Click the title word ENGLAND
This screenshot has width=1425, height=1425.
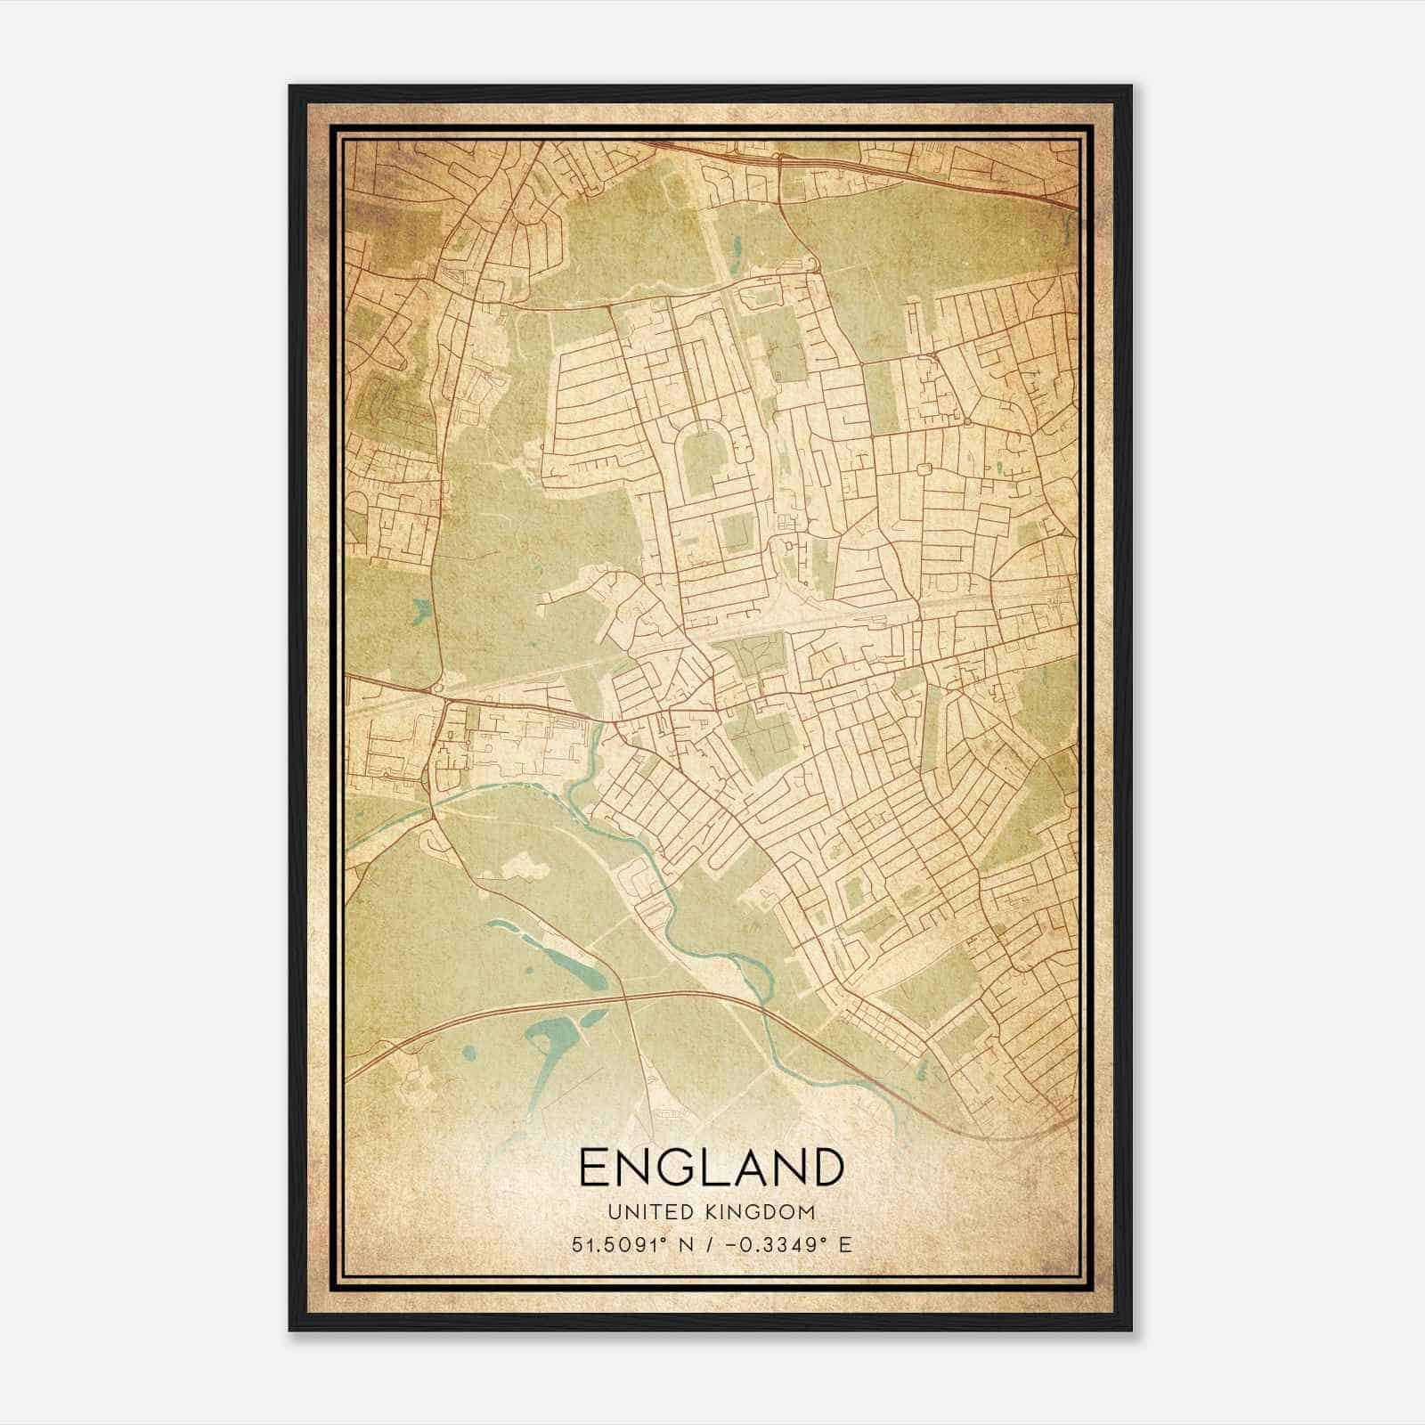(711, 1168)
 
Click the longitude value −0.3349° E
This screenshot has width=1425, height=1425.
(787, 1244)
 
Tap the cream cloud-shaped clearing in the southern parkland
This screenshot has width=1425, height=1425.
(526, 866)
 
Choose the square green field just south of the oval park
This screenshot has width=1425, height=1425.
(736, 533)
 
